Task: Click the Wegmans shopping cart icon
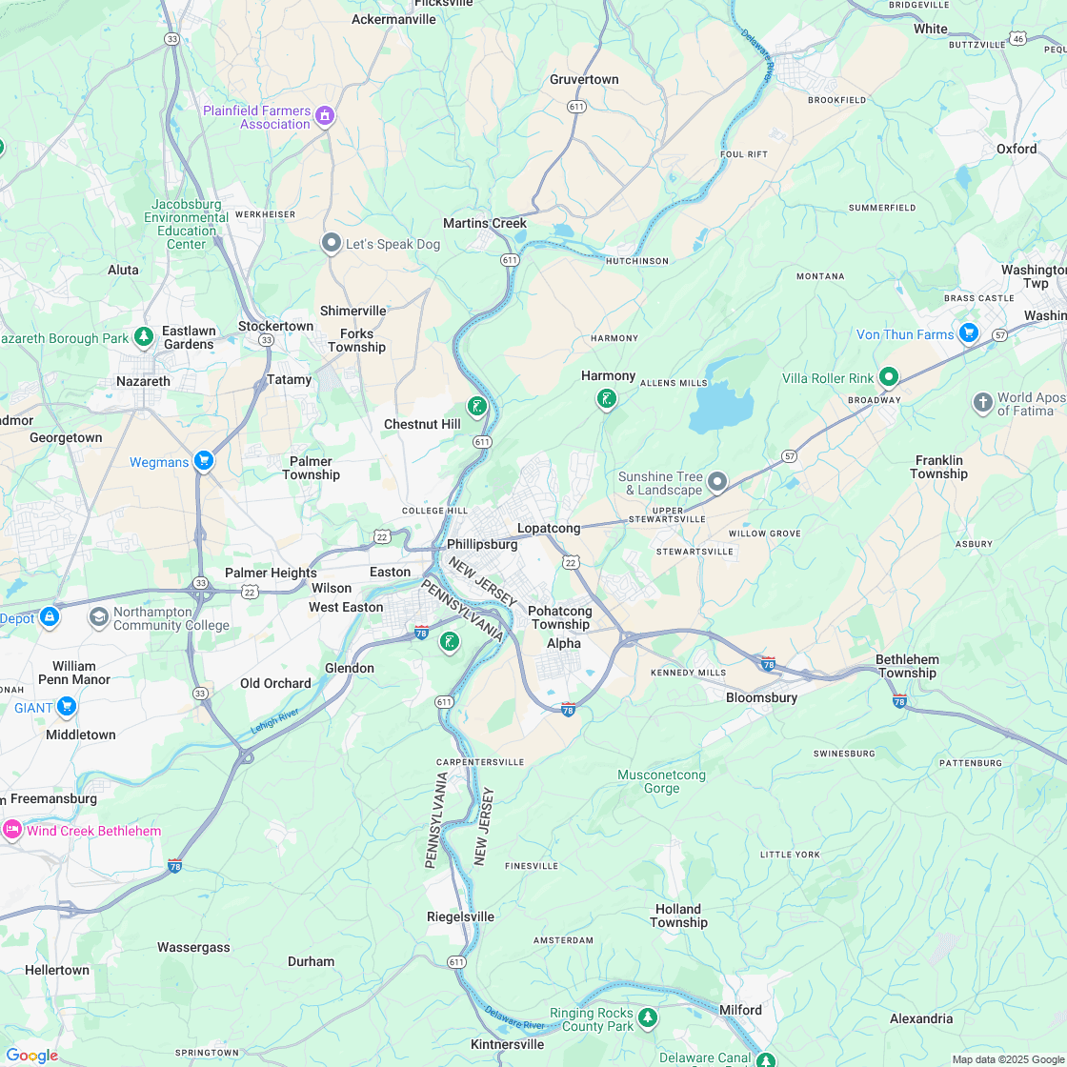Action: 203,461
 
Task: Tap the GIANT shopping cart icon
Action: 66,707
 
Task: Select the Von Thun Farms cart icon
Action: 969,332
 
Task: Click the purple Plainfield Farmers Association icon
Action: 325,116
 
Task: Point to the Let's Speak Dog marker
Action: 332,243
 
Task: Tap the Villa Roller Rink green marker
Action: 888,376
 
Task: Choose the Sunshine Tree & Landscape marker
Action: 717,482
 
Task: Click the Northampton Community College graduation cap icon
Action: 98,616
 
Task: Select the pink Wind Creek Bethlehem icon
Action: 12,829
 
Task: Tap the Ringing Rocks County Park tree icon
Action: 648,1017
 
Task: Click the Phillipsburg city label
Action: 482,545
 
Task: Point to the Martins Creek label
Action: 485,224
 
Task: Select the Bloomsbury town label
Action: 761,697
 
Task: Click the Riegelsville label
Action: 460,916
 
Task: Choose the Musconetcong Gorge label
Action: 661,781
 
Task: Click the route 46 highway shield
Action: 1018,39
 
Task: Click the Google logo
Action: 31,1056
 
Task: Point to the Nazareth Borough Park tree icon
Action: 144,336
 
